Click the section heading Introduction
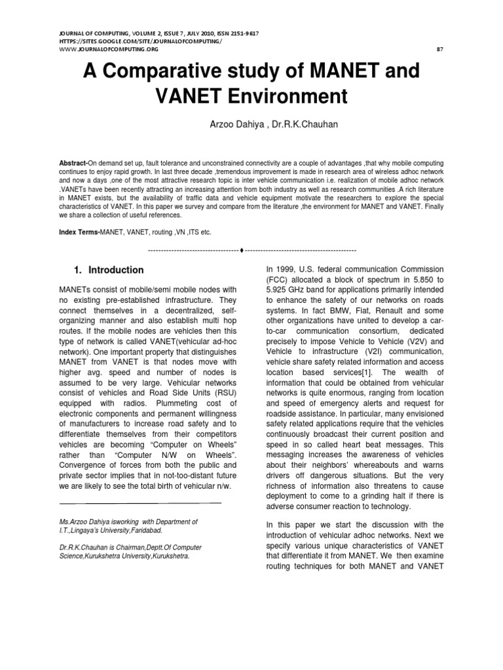tap(116, 270)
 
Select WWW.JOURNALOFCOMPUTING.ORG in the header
tap(100, 49)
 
